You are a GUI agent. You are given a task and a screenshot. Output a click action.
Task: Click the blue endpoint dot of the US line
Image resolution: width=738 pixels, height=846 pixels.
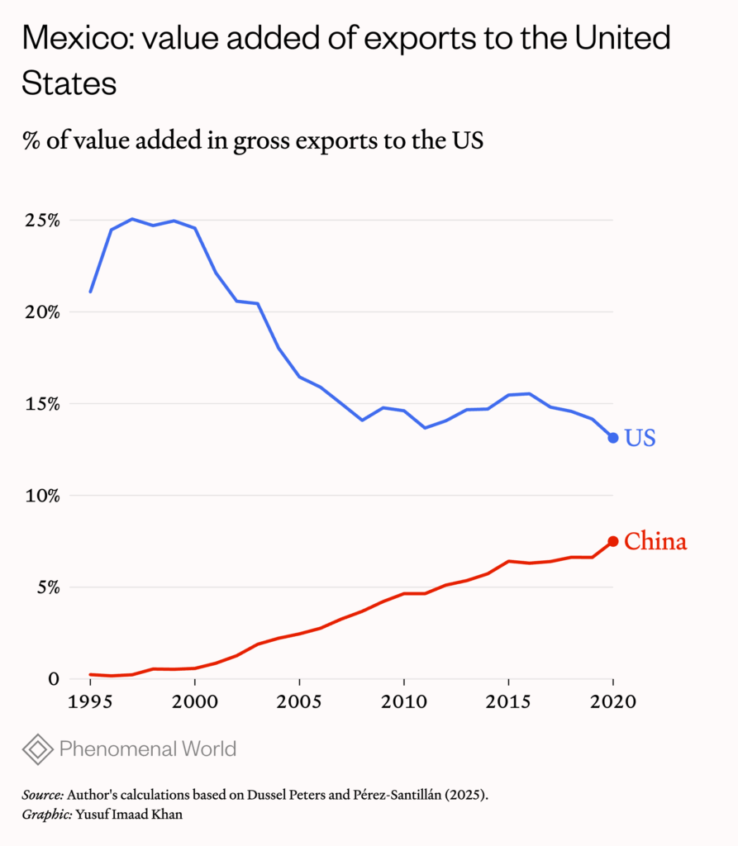coord(613,437)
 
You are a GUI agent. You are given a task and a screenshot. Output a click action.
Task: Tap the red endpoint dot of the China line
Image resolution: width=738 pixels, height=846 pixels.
coord(613,541)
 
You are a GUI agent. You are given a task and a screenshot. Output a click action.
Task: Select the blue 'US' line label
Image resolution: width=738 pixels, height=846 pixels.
coord(640,438)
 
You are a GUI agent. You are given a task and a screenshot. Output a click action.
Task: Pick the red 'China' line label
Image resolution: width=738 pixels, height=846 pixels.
coord(655,542)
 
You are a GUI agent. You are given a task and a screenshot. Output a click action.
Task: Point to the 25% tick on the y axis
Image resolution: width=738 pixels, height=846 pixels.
coord(40,221)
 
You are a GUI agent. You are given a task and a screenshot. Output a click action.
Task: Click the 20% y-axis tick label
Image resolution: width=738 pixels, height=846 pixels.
coord(40,313)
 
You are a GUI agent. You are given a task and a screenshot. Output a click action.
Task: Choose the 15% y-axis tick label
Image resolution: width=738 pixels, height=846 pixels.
coord(40,405)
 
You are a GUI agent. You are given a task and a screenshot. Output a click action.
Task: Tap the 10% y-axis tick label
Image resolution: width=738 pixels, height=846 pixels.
coord(40,497)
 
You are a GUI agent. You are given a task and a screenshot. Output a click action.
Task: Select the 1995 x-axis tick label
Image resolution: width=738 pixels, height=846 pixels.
coord(90,702)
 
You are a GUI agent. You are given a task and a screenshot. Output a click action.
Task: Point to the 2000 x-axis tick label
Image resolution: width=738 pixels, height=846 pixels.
coord(194,702)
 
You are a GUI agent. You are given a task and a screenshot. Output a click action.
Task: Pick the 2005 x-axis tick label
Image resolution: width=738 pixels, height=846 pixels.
coord(299,702)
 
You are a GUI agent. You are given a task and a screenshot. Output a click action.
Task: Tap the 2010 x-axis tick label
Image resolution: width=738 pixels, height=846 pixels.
coord(403,702)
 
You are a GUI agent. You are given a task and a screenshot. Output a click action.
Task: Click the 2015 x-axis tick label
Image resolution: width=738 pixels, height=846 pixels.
coord(508,702)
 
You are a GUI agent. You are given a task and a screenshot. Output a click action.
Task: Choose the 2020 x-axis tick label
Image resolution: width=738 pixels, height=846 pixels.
coord(612,702)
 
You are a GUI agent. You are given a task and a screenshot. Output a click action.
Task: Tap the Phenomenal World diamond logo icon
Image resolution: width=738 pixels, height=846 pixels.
coord(37,749)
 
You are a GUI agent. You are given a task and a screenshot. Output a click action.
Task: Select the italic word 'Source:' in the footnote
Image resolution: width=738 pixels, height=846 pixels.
coord(42,795)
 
